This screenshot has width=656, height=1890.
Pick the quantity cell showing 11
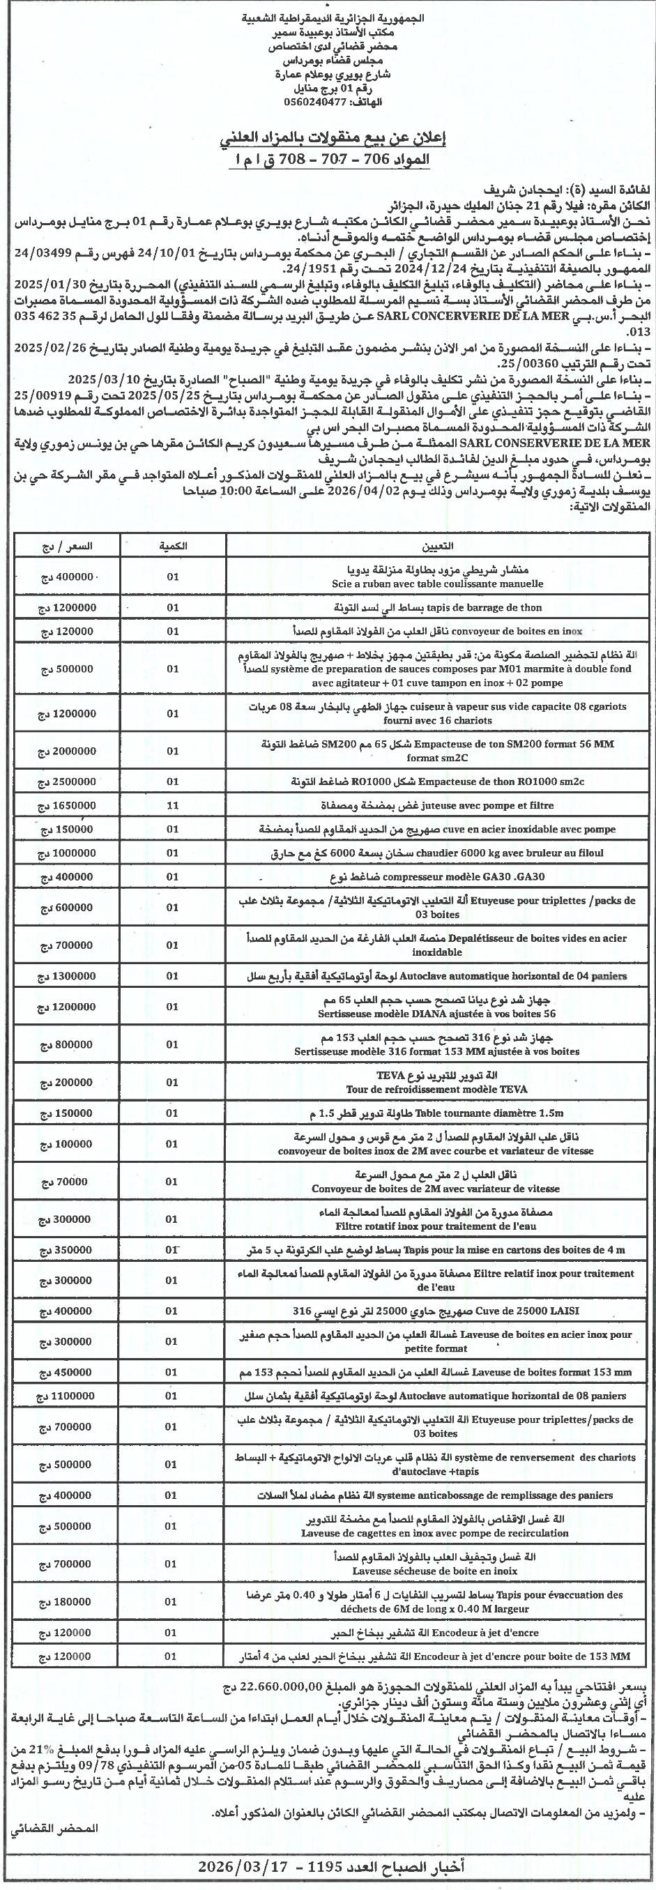172,805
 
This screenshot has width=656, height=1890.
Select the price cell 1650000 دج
68,805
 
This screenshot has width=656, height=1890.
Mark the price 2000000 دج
68,751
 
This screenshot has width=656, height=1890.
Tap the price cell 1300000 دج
68,975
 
